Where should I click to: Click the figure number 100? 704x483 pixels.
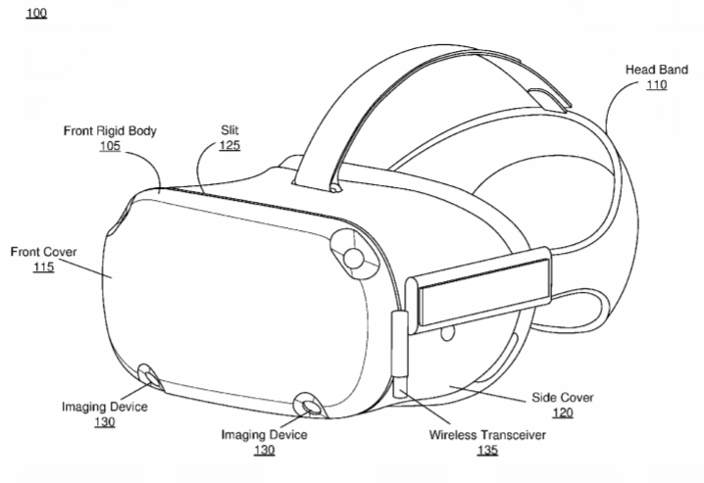pos(36,13)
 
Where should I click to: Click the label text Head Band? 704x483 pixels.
pos(656,70)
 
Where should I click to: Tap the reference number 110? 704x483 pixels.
pos(656,85)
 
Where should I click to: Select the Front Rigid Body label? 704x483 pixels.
pos(110,131)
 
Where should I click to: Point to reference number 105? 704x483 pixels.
pos(110,146)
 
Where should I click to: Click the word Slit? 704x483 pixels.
pos(229,130)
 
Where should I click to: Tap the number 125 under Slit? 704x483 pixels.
pos(229,145)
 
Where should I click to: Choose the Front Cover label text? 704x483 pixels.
pos(43,252)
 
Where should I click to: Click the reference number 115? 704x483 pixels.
pos(43,266)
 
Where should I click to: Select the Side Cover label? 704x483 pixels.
pos(563,398)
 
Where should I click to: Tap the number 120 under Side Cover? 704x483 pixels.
pos(563,412)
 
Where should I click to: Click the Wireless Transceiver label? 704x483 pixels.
pos(487,435)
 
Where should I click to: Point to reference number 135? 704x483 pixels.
pos(487,450)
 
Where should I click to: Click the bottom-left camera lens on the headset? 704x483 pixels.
pos(149,377)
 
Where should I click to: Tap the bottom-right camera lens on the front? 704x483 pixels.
pos(309,406)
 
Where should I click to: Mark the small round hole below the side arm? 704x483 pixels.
pos(447,333)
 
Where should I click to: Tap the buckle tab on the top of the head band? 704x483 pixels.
pos(549,99)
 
